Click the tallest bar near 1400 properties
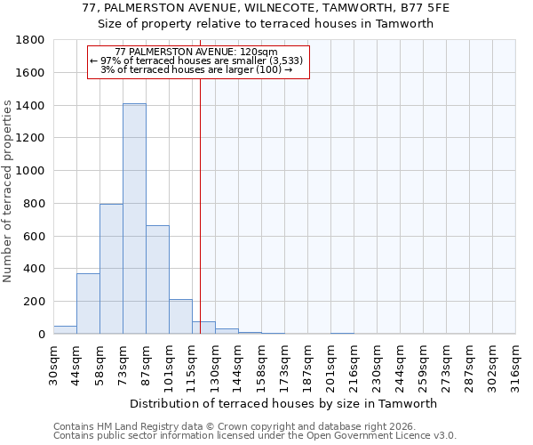point(134,218)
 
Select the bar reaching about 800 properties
point(111,269)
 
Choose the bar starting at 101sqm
point(180,317)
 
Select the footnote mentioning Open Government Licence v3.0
point(255,436)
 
